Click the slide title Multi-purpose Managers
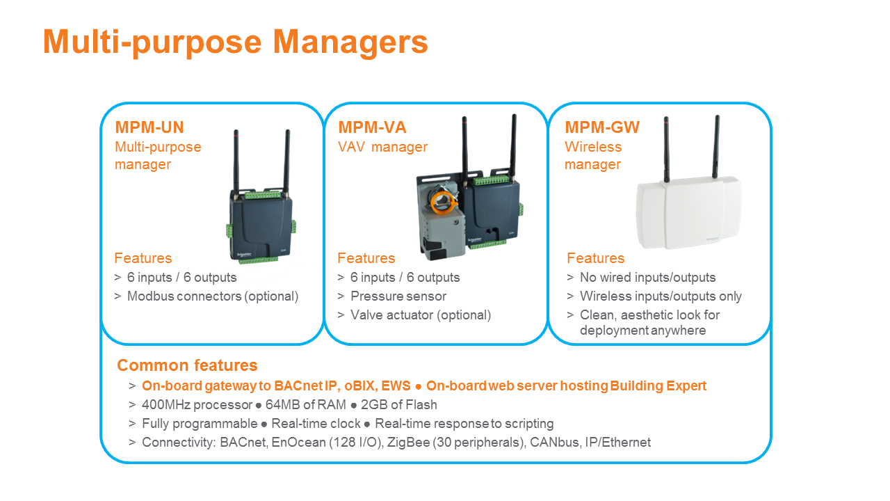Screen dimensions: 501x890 235,42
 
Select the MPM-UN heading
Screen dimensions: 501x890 149,127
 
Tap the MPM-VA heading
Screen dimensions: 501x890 372,127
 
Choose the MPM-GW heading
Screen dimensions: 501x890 602,127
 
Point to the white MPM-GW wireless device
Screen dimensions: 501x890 688,212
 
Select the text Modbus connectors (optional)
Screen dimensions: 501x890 213,296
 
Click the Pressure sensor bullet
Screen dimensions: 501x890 398,296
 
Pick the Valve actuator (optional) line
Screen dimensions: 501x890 421,315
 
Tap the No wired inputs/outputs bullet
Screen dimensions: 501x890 648,278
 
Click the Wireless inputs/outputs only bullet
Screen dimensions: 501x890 661,296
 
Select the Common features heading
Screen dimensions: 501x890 187,365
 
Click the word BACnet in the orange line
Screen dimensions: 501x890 297,385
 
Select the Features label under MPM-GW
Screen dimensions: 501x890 595,258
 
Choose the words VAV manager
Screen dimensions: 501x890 382,147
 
